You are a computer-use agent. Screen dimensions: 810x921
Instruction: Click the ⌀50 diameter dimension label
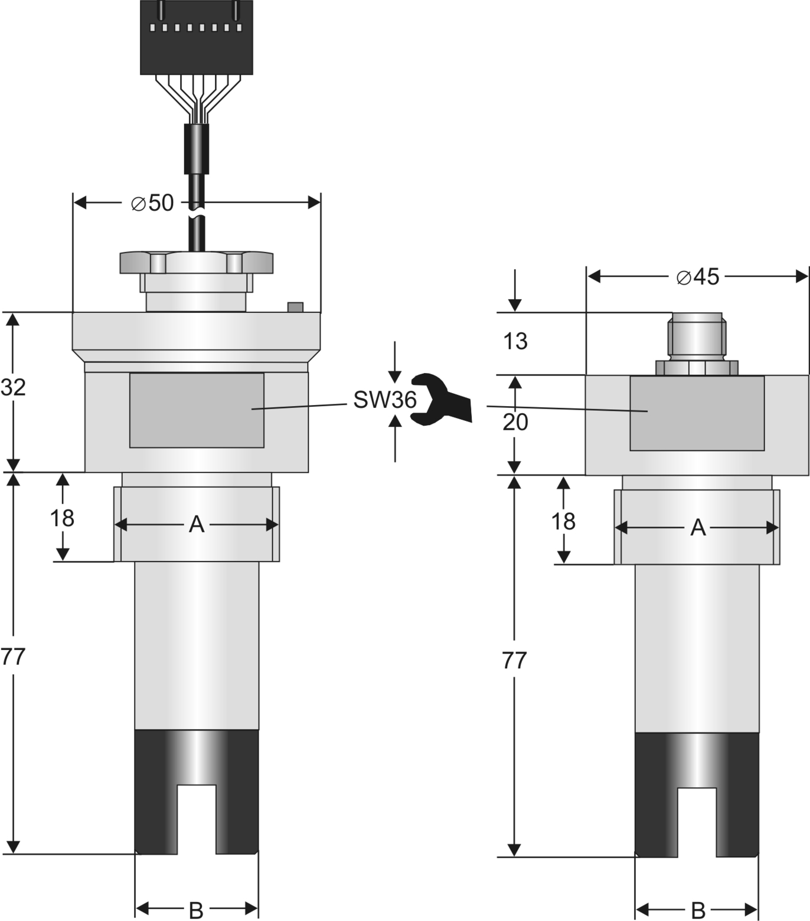pos(152,203)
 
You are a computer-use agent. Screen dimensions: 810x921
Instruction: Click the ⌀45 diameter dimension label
pos(698,276)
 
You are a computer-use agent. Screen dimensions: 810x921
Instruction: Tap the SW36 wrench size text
pos(385,400)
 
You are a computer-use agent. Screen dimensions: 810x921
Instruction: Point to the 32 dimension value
pos(13,387)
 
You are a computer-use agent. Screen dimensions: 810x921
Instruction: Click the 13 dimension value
pos(515,341)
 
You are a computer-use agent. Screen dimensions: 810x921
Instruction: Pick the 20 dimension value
pos(515,422)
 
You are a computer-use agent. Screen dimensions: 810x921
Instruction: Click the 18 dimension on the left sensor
pos(62,518)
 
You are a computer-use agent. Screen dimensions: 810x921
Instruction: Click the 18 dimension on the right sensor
pos(563,521)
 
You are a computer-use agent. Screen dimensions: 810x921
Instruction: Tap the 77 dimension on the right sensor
pos(514,661)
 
